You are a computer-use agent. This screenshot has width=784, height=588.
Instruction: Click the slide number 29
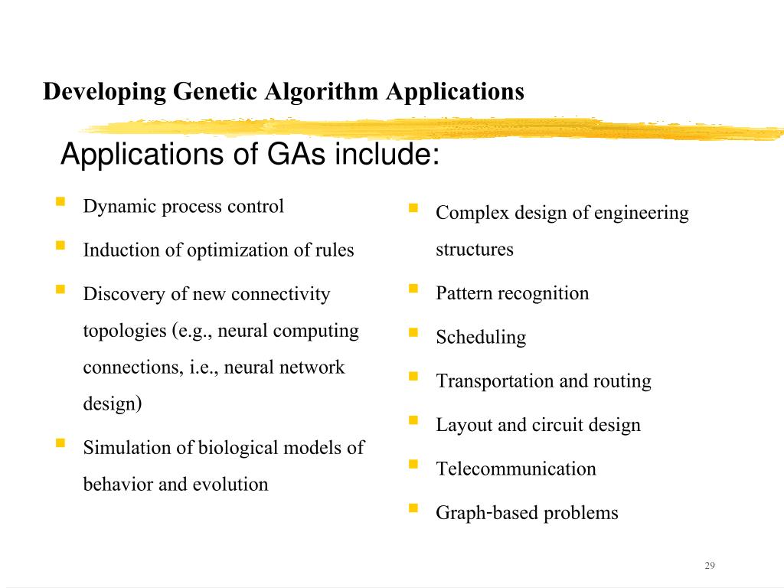(709, 566)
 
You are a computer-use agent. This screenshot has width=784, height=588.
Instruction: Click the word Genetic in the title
(216, 92)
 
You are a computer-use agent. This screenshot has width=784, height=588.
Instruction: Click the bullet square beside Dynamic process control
(60, 202)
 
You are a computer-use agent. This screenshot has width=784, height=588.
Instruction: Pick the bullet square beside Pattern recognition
(413, 289)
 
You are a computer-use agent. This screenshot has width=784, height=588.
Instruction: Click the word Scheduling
(481, 338)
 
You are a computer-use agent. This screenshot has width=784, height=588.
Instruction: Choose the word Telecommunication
(516, 469)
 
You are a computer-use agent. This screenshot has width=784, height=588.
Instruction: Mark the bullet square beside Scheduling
(413, 332)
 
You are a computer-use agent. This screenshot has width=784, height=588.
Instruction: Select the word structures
(475, 250)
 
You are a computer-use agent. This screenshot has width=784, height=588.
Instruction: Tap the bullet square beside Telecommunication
(413, 464)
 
